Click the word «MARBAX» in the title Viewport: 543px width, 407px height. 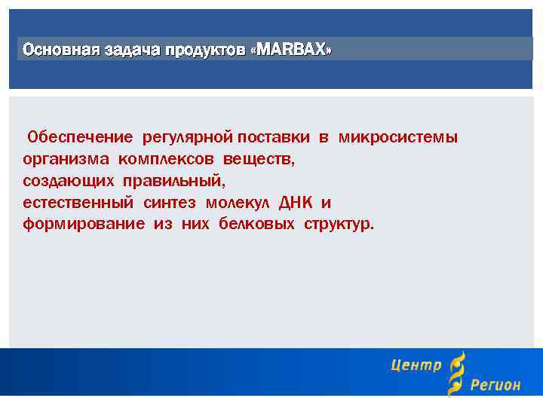coord(293,50)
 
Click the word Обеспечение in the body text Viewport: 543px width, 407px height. coord(80,137)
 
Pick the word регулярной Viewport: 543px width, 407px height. coord(189,137)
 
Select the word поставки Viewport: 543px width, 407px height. coord(273,137)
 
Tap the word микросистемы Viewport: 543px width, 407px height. coord(397,137)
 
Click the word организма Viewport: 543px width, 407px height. coord(66,159)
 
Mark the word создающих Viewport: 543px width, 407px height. coord(69,181)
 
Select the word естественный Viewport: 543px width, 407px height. coord(78,203)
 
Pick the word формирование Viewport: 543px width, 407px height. coord(83,225)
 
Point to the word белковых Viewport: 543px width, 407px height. coord(256,225)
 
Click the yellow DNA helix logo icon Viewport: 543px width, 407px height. coord(456,374)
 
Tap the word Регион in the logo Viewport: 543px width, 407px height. coord(495,385)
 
